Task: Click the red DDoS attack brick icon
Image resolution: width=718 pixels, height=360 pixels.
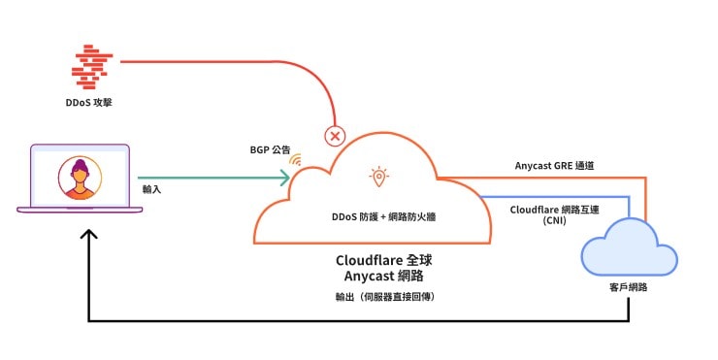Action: (94, 64)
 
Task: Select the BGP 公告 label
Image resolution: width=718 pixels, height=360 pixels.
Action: (270, 150)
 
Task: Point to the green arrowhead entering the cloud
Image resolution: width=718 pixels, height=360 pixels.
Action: (285, 177)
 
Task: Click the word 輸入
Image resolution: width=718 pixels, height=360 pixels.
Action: (151, 190)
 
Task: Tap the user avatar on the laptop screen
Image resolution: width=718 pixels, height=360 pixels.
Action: (80, 178)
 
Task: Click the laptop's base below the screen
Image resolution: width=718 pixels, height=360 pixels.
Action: (81, 210)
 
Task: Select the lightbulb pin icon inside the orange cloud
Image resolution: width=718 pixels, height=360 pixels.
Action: (377, 177)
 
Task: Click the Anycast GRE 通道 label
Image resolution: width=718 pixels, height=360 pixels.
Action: (554, 166)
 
